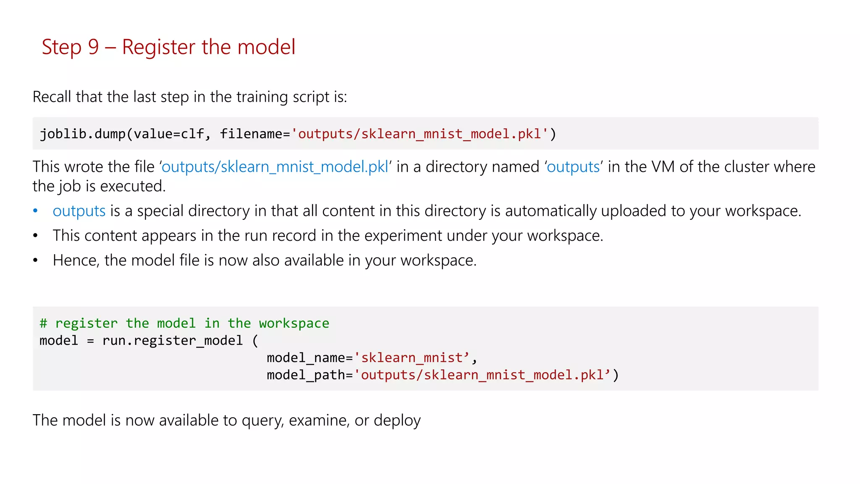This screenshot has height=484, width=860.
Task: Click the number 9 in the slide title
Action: click(x=93, y=47)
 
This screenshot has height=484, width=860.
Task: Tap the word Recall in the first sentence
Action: click(x=52, y=97)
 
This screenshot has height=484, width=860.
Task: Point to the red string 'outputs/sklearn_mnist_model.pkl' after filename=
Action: click(x=420, y=134)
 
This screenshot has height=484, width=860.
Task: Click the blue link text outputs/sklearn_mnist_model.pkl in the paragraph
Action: click(x=275, y=167)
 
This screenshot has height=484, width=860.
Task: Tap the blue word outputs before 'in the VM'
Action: click(x=573, y=167)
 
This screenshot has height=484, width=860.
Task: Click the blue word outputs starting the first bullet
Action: click(x=79, y=211)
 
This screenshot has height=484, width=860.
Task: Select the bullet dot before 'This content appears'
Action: click(x=36, y=236)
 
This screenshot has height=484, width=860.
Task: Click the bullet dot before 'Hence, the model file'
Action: click(x=36, y=260)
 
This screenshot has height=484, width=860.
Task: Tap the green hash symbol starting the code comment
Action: click(x=43, y=324)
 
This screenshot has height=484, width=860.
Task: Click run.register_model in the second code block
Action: click(x=173, y=341)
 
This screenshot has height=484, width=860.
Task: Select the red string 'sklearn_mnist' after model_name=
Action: click(x=412, y=358)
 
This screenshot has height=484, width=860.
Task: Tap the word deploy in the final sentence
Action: click(x=397, y=421)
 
